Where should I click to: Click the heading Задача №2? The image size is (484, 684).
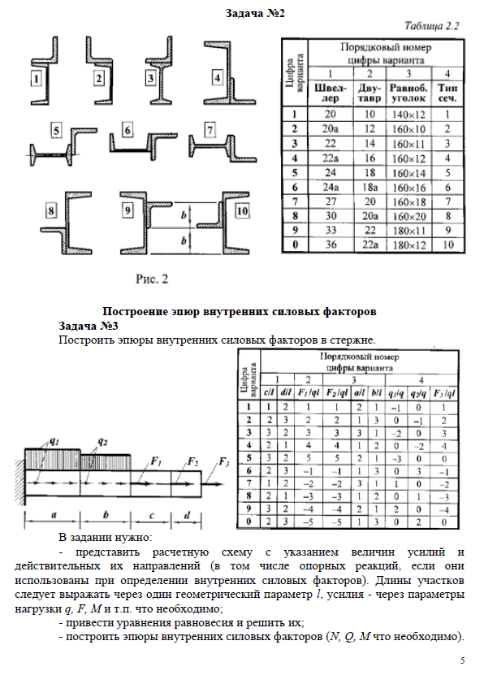pos(255,13)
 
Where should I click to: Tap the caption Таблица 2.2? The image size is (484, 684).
pos(432,26)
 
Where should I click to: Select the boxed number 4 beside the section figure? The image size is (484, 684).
pos(217,78)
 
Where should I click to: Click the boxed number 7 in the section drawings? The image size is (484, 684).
pos(210,130)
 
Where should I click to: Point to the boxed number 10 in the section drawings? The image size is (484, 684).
pos(242,211)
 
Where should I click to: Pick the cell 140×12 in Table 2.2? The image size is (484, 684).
pos(408,115)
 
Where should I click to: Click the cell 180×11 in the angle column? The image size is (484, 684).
pos(408,231)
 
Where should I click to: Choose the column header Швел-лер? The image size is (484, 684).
pos(330,93)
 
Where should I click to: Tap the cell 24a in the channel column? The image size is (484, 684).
pos(330,187)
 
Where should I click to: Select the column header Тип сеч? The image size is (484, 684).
pos(447,93)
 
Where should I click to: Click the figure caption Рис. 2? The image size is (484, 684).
pos(152,279)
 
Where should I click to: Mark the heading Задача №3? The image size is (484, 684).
pos(89,326)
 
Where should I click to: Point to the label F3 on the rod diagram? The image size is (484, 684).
pos(224,462)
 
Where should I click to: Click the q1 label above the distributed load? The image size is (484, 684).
pos(54,441)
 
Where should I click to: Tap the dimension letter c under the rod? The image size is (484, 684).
pos(152,516)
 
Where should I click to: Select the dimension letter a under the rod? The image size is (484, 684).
pos(54,515)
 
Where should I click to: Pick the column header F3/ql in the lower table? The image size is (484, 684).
pos(444,393)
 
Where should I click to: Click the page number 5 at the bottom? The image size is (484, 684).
pos(463,660)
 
